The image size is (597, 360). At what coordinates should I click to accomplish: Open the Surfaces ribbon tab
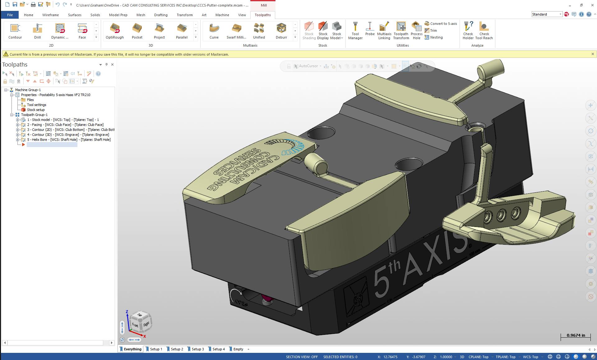point(75,15)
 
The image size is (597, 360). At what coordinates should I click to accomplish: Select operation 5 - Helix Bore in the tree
point(69,140)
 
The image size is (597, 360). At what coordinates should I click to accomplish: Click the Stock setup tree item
point(35,110)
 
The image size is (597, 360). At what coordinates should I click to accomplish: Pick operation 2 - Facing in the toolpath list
point(65,125)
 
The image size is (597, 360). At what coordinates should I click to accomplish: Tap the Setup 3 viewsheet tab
point(197,349)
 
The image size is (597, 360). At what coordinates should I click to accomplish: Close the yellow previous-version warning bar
point(593,54)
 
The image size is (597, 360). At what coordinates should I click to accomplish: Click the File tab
point(10,15)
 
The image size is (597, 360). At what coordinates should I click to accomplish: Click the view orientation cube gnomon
point(141,322)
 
